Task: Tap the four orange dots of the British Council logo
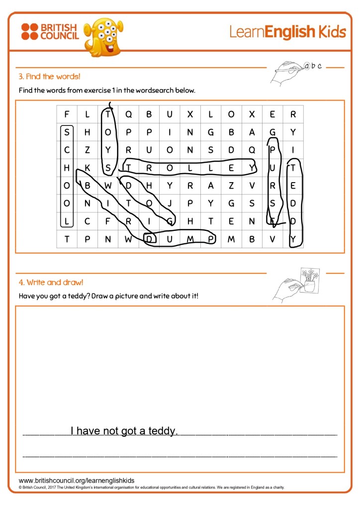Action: [x=29, y=31]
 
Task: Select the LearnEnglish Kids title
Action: [x=287, y=32]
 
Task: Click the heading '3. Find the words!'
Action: [x=49, y=77]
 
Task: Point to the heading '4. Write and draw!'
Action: [x=51, y=283]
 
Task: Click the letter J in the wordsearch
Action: [x=170, y=203]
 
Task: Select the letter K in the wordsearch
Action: [x=87, y=168]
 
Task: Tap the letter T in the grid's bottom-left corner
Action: [x=67, y=240]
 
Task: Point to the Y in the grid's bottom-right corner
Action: [x=293, y=240]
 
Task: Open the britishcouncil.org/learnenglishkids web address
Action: [x=77, y=481]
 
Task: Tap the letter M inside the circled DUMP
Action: [x=190, y=240]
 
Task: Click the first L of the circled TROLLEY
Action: [x=190, y=168]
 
